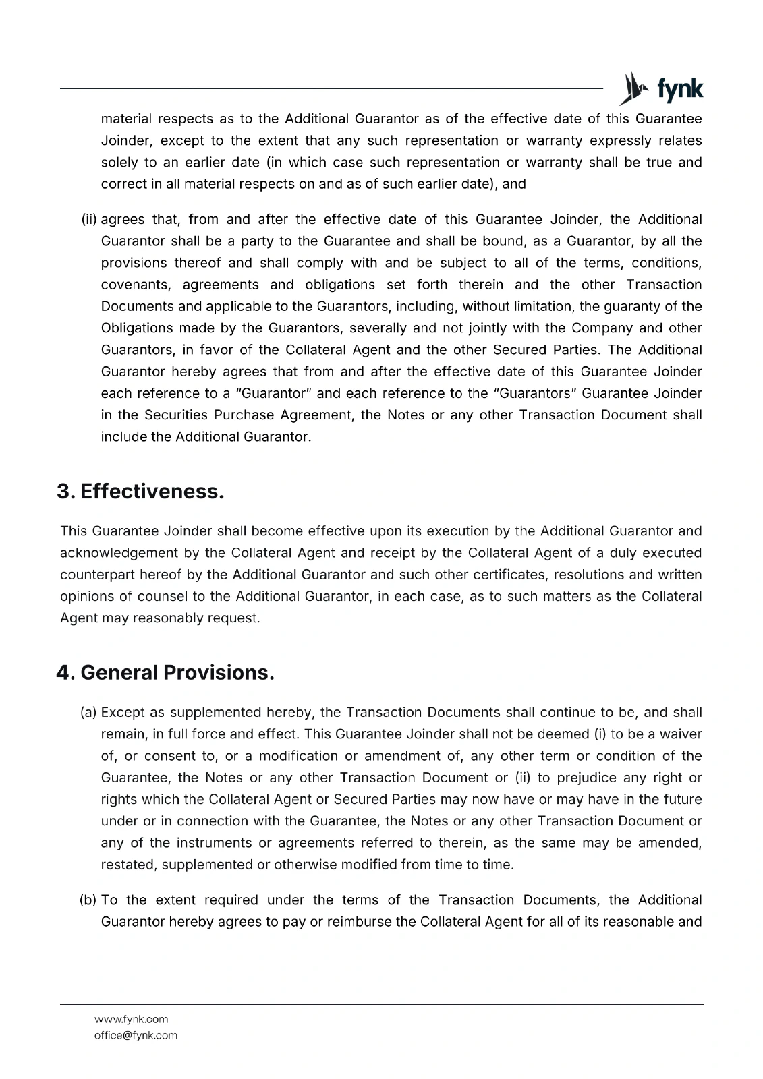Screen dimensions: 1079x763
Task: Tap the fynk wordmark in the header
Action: click(679, 89)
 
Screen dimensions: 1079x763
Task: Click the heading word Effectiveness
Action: click(152, 492)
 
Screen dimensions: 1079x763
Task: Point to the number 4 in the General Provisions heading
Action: click(63, 672)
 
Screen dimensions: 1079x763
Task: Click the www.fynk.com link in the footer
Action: click(132, 1019)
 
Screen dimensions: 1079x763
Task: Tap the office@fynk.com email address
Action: click(136, 1035)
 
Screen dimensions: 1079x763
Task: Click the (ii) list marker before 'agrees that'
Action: click(89, 220)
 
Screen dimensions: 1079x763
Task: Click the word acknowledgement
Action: click(118, 553)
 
